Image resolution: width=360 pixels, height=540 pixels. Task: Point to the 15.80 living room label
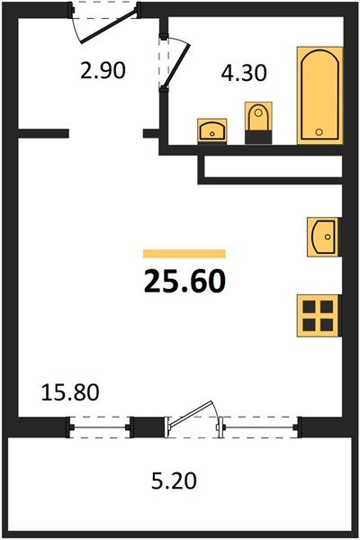[x=69, y=392]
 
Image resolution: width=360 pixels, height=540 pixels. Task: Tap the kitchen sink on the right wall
[x=321, y=238]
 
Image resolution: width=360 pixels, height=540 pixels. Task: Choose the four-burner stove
[x=320, y=314]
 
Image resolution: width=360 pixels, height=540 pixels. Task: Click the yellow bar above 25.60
[x=184, y=254]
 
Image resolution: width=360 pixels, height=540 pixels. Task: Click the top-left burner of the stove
[x=311, y=305]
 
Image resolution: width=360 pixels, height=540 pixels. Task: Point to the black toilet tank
[x=257, y=137]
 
